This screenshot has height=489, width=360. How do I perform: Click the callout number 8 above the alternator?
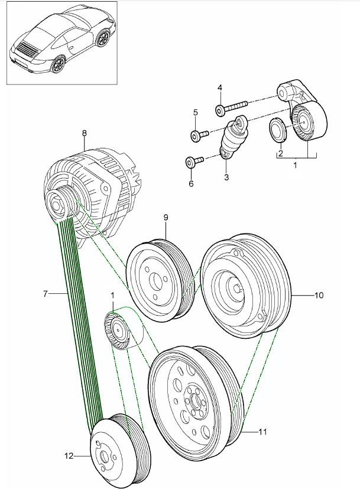pos(84,134)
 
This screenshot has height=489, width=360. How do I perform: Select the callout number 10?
pos(319,294)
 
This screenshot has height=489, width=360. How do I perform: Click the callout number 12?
pos(69,456)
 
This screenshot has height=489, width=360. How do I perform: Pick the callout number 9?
pos(166,218)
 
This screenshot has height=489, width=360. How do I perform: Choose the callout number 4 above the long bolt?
pos(219,88)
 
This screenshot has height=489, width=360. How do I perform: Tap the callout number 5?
pos(194,112)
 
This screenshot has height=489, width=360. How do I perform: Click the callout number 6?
pos(191,184)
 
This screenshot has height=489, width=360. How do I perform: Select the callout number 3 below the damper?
pos(226,177)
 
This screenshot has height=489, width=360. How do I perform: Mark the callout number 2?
pos(280,153)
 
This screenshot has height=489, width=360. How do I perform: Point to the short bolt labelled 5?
pos(198,135)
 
